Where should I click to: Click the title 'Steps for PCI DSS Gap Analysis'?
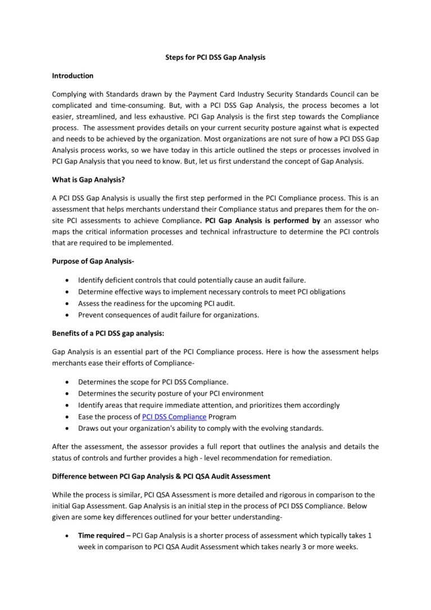[x=215, y=57]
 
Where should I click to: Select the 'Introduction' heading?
[x=72, y=76]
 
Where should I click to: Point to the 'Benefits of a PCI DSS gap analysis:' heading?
[x=108, y=333]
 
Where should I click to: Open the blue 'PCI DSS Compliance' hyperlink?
[x=174, y=417]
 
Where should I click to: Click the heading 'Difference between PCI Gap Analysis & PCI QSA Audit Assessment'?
[x=161, y=476]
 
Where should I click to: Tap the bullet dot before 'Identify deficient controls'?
[x=68, y=280]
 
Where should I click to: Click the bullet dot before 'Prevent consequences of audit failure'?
[x=68, y=315]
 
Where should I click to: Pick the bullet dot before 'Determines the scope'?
[x=68, y=382]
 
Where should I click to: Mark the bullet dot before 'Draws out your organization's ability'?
[x=68, y=429]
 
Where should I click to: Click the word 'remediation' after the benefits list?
[x=311, y=458]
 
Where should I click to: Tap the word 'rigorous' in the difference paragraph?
[x=279, y=495]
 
